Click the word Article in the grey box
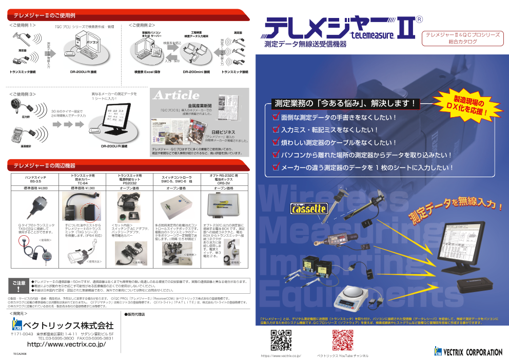pyautogui.click(x=176, y=96)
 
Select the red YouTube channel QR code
pyautogui.click(x=342, y=340)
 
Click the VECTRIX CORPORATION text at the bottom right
pyautogui.click(x=472, y=352)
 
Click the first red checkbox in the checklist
pyautogui.click(x=276, y=118)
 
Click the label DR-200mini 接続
pyautogui.click(x=196, y=72)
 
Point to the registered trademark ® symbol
pyautogui.click(x=418, y=20)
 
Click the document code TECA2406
pyautogui.click(x=20, y=354)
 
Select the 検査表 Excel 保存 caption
pyautogui.click(x=147, y=72)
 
